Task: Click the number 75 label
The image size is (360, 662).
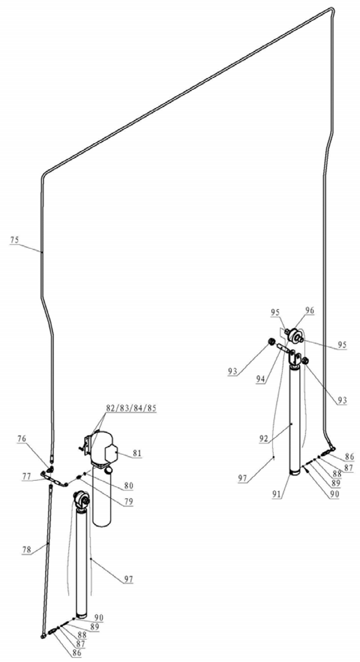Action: (14, 240)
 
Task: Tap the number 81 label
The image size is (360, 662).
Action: (137, 453)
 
